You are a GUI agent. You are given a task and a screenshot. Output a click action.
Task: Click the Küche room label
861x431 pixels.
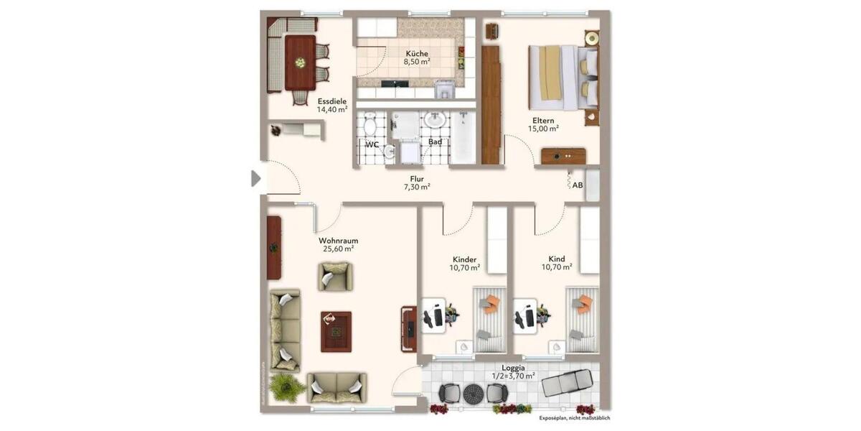pyautogui.click(x=417, y=53)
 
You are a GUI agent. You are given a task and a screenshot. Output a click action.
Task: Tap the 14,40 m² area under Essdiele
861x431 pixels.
pyautogui.click(x=332, y=110)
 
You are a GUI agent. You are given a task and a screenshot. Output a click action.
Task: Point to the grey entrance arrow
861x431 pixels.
pyautogui.click(x=255, y=178)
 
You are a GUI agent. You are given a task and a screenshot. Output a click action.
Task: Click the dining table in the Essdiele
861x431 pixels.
pyautogui.click(x=300, y=63)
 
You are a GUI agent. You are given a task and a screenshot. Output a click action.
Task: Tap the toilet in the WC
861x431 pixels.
pyautogui.click(x=370, y=126)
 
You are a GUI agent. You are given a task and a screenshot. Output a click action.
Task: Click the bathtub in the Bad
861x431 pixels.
pyautogui.click(x=461, y=136)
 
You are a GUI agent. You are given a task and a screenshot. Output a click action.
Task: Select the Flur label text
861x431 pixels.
pyautogui.click(x=417, y=178)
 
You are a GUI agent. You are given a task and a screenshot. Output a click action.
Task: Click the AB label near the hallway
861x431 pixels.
pyautogui.click(x=578, y=185)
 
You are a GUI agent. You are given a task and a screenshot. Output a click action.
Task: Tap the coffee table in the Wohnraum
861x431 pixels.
pyautogui.click(x=336, y=331)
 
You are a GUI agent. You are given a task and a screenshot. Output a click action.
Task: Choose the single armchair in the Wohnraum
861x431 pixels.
pyautogui.click(x=336, y=276)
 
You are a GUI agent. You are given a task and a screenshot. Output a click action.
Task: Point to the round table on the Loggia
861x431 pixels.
pyautogui.click(x=474, y=393)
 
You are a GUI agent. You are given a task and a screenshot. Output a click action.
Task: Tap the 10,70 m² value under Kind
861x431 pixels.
pyautogui.click(x=556, y=267)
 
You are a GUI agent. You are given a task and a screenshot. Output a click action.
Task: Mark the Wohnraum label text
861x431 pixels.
pyautogui.click(x=338, y=241)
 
